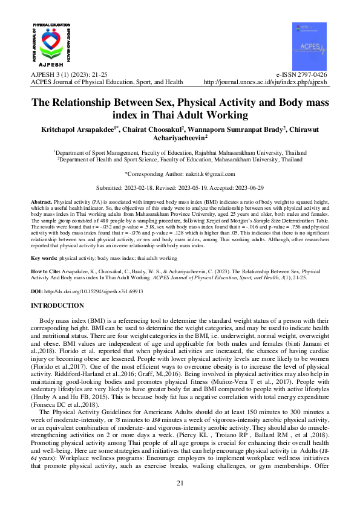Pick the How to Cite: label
[46, 272]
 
